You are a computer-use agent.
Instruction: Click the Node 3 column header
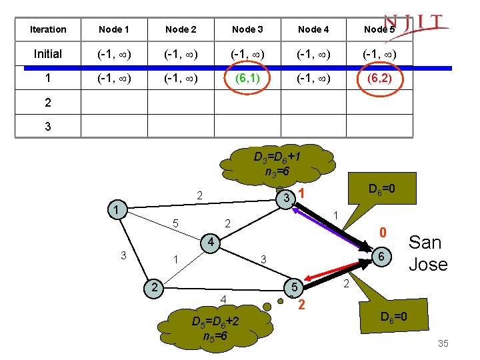coord(247,29)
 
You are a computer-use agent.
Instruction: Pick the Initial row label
coord(47,54)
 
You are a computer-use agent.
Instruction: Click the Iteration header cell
coord(48,29)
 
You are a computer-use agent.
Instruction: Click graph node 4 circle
coord(209,241)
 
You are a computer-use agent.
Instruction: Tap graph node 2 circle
coord(154,287)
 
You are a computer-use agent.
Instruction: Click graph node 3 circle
coord(286,198)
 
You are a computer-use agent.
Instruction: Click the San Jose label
coord(427,253)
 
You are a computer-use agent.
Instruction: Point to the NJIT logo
coord(417,24)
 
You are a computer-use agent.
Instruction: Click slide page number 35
coord(443,343)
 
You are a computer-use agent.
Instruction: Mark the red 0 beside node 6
coord(383,233)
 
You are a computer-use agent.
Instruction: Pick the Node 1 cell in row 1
coord(114,79)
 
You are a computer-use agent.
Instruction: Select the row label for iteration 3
coord(47,126)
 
